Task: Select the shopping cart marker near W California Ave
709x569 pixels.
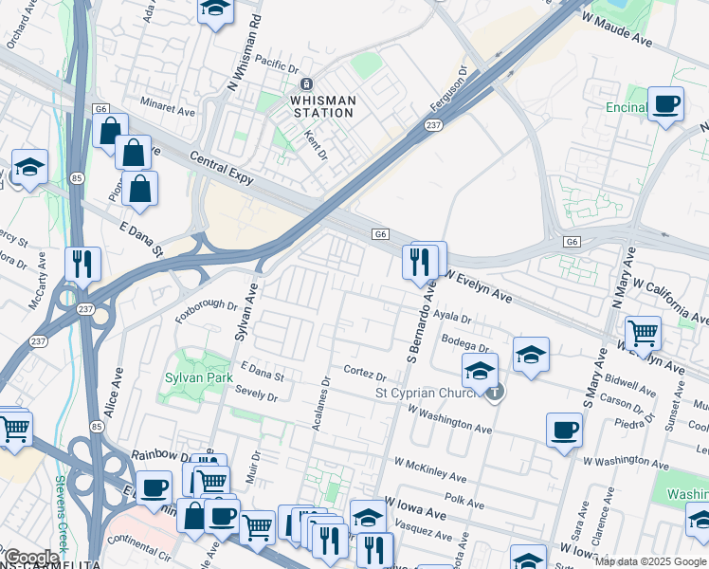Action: [644, 333]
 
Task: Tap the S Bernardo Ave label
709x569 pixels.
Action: [421, 321]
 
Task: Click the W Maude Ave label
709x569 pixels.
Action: [618, 31]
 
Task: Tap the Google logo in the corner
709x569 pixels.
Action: [31, 557]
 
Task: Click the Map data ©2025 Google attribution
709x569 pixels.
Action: [650, 561]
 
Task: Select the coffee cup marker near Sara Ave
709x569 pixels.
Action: [564, 430]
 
